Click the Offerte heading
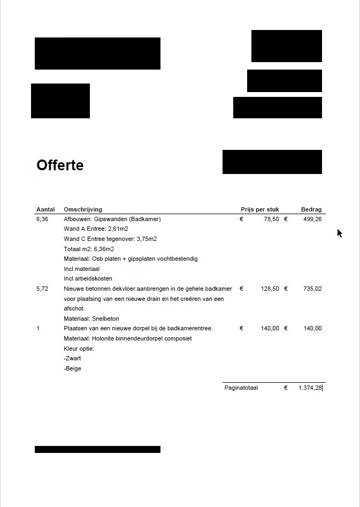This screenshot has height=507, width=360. [60, 165]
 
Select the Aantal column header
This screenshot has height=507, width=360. [45, 209]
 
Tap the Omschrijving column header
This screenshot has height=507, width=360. [83, 209]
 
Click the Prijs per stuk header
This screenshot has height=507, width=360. [260, 209]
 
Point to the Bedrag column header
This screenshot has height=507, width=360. [311, 209]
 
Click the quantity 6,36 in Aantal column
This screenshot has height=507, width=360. [42, 219]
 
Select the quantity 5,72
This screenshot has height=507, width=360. [42, 289]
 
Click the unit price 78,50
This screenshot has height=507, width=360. [271, 219]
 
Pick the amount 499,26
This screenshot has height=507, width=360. [312, 219]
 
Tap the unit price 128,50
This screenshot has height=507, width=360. [270, 289]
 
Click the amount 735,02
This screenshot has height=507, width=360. [312, 289]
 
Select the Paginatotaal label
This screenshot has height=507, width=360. [241, 388]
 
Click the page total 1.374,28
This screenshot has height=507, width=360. [310, 388]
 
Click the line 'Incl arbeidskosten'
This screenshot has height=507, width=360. [88, 278]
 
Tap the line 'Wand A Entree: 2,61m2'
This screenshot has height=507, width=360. [96, 229]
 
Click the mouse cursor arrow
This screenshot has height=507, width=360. [339, 233]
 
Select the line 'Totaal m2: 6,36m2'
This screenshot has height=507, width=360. [89, 249]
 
